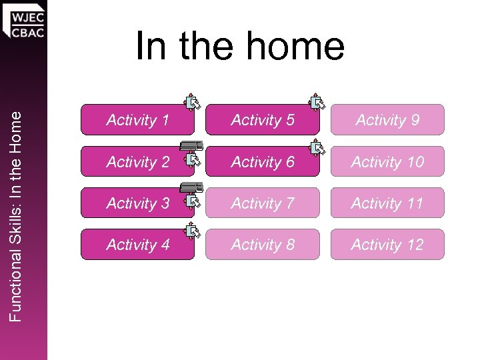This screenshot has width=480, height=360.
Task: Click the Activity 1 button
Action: (137, 120)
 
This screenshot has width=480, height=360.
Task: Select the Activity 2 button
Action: (137, 162)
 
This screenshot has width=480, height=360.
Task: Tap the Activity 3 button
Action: (137, 203)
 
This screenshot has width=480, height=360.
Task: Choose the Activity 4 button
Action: (137, 245)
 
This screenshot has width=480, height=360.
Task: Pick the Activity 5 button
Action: (262, 120)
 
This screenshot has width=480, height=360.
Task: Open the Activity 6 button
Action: (262, 162)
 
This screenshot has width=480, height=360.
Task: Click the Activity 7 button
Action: (262, 203)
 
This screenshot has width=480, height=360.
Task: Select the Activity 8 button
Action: (262, 245)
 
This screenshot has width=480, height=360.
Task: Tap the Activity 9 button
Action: (387, 120)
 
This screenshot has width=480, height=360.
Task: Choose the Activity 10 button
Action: (387, 162)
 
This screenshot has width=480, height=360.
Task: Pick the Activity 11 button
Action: (387, 203)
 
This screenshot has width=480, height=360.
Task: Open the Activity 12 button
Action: (387, 245)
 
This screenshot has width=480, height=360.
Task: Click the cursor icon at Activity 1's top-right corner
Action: (192, 102)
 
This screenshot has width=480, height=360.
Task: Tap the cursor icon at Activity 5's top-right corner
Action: (317, 102)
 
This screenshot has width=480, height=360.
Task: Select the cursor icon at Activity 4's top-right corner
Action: (192, 231)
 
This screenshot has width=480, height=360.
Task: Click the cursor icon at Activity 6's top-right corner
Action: (317, 147)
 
